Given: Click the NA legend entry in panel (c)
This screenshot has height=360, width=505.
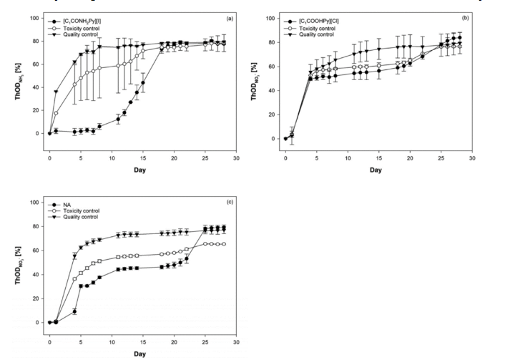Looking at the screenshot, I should click(x=69, y=205).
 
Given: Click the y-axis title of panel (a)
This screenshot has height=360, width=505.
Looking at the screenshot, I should click(x=21, y=83).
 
